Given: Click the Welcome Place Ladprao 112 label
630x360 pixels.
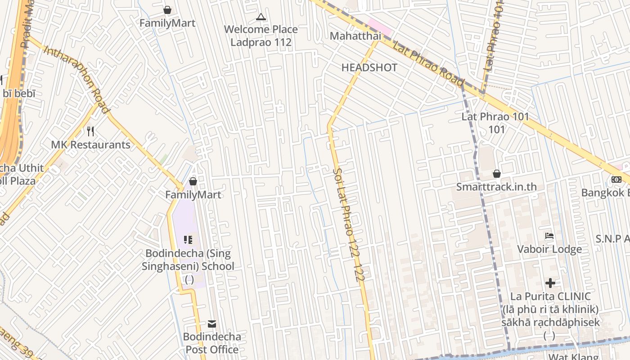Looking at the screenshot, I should [x=261, y=36].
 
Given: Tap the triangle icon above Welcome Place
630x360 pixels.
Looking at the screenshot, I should [x=261, y=18].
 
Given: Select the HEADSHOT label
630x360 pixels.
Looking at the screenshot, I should [x=369, y=68].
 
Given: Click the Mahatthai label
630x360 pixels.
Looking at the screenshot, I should [x=355, y=36].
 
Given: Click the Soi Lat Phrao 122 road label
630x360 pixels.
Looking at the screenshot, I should [x=347, y=225].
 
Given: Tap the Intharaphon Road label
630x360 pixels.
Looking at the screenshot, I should [x=76, y=79].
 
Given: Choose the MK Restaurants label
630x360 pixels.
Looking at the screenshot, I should [x=90, y=145].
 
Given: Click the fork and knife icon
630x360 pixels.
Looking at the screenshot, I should [x=90, y=131].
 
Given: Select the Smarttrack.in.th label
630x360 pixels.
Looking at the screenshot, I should [x=497, y=187].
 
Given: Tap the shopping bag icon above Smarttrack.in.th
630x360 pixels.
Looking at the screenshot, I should [x=497, y=174].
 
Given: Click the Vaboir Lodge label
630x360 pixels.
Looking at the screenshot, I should [x=549, y=249].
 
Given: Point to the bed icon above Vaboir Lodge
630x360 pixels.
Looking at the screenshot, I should [x=549, y=236].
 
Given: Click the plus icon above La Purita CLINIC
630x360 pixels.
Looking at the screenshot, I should [x=550, y=283].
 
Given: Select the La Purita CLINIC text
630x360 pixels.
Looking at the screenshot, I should [x=550, y=297].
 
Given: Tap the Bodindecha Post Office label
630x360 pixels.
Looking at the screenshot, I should [x=212, y=343].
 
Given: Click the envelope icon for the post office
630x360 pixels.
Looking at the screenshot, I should [x=212, y=324].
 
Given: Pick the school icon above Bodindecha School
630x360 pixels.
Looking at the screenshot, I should [x=188, y=240].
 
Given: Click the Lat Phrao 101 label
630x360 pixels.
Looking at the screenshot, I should [x=495, y=117].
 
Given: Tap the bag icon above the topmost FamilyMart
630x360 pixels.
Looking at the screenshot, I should [x=167, y=10].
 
